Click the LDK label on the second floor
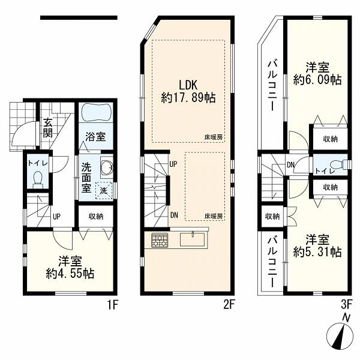tap(188, 85)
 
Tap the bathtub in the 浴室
tap(95, 112)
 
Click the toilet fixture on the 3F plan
tap(340, 164)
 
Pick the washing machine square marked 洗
tap(104, 190)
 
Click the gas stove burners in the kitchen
tap(160, 240)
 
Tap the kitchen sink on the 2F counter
tap(193, 240)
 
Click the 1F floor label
tap(113, 305)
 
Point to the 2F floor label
tap(229, 305)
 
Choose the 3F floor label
tap(346, 305)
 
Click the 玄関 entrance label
tap(48, 128)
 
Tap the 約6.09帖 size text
tap(317, 80)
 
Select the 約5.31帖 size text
tap(317, 252)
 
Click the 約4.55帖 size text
tap(70, 274)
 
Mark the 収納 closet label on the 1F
tap(96, 216)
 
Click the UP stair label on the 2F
tap(173, 164)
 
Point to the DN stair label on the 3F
tap(290, 165)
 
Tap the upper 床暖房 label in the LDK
tap(214, 137)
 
